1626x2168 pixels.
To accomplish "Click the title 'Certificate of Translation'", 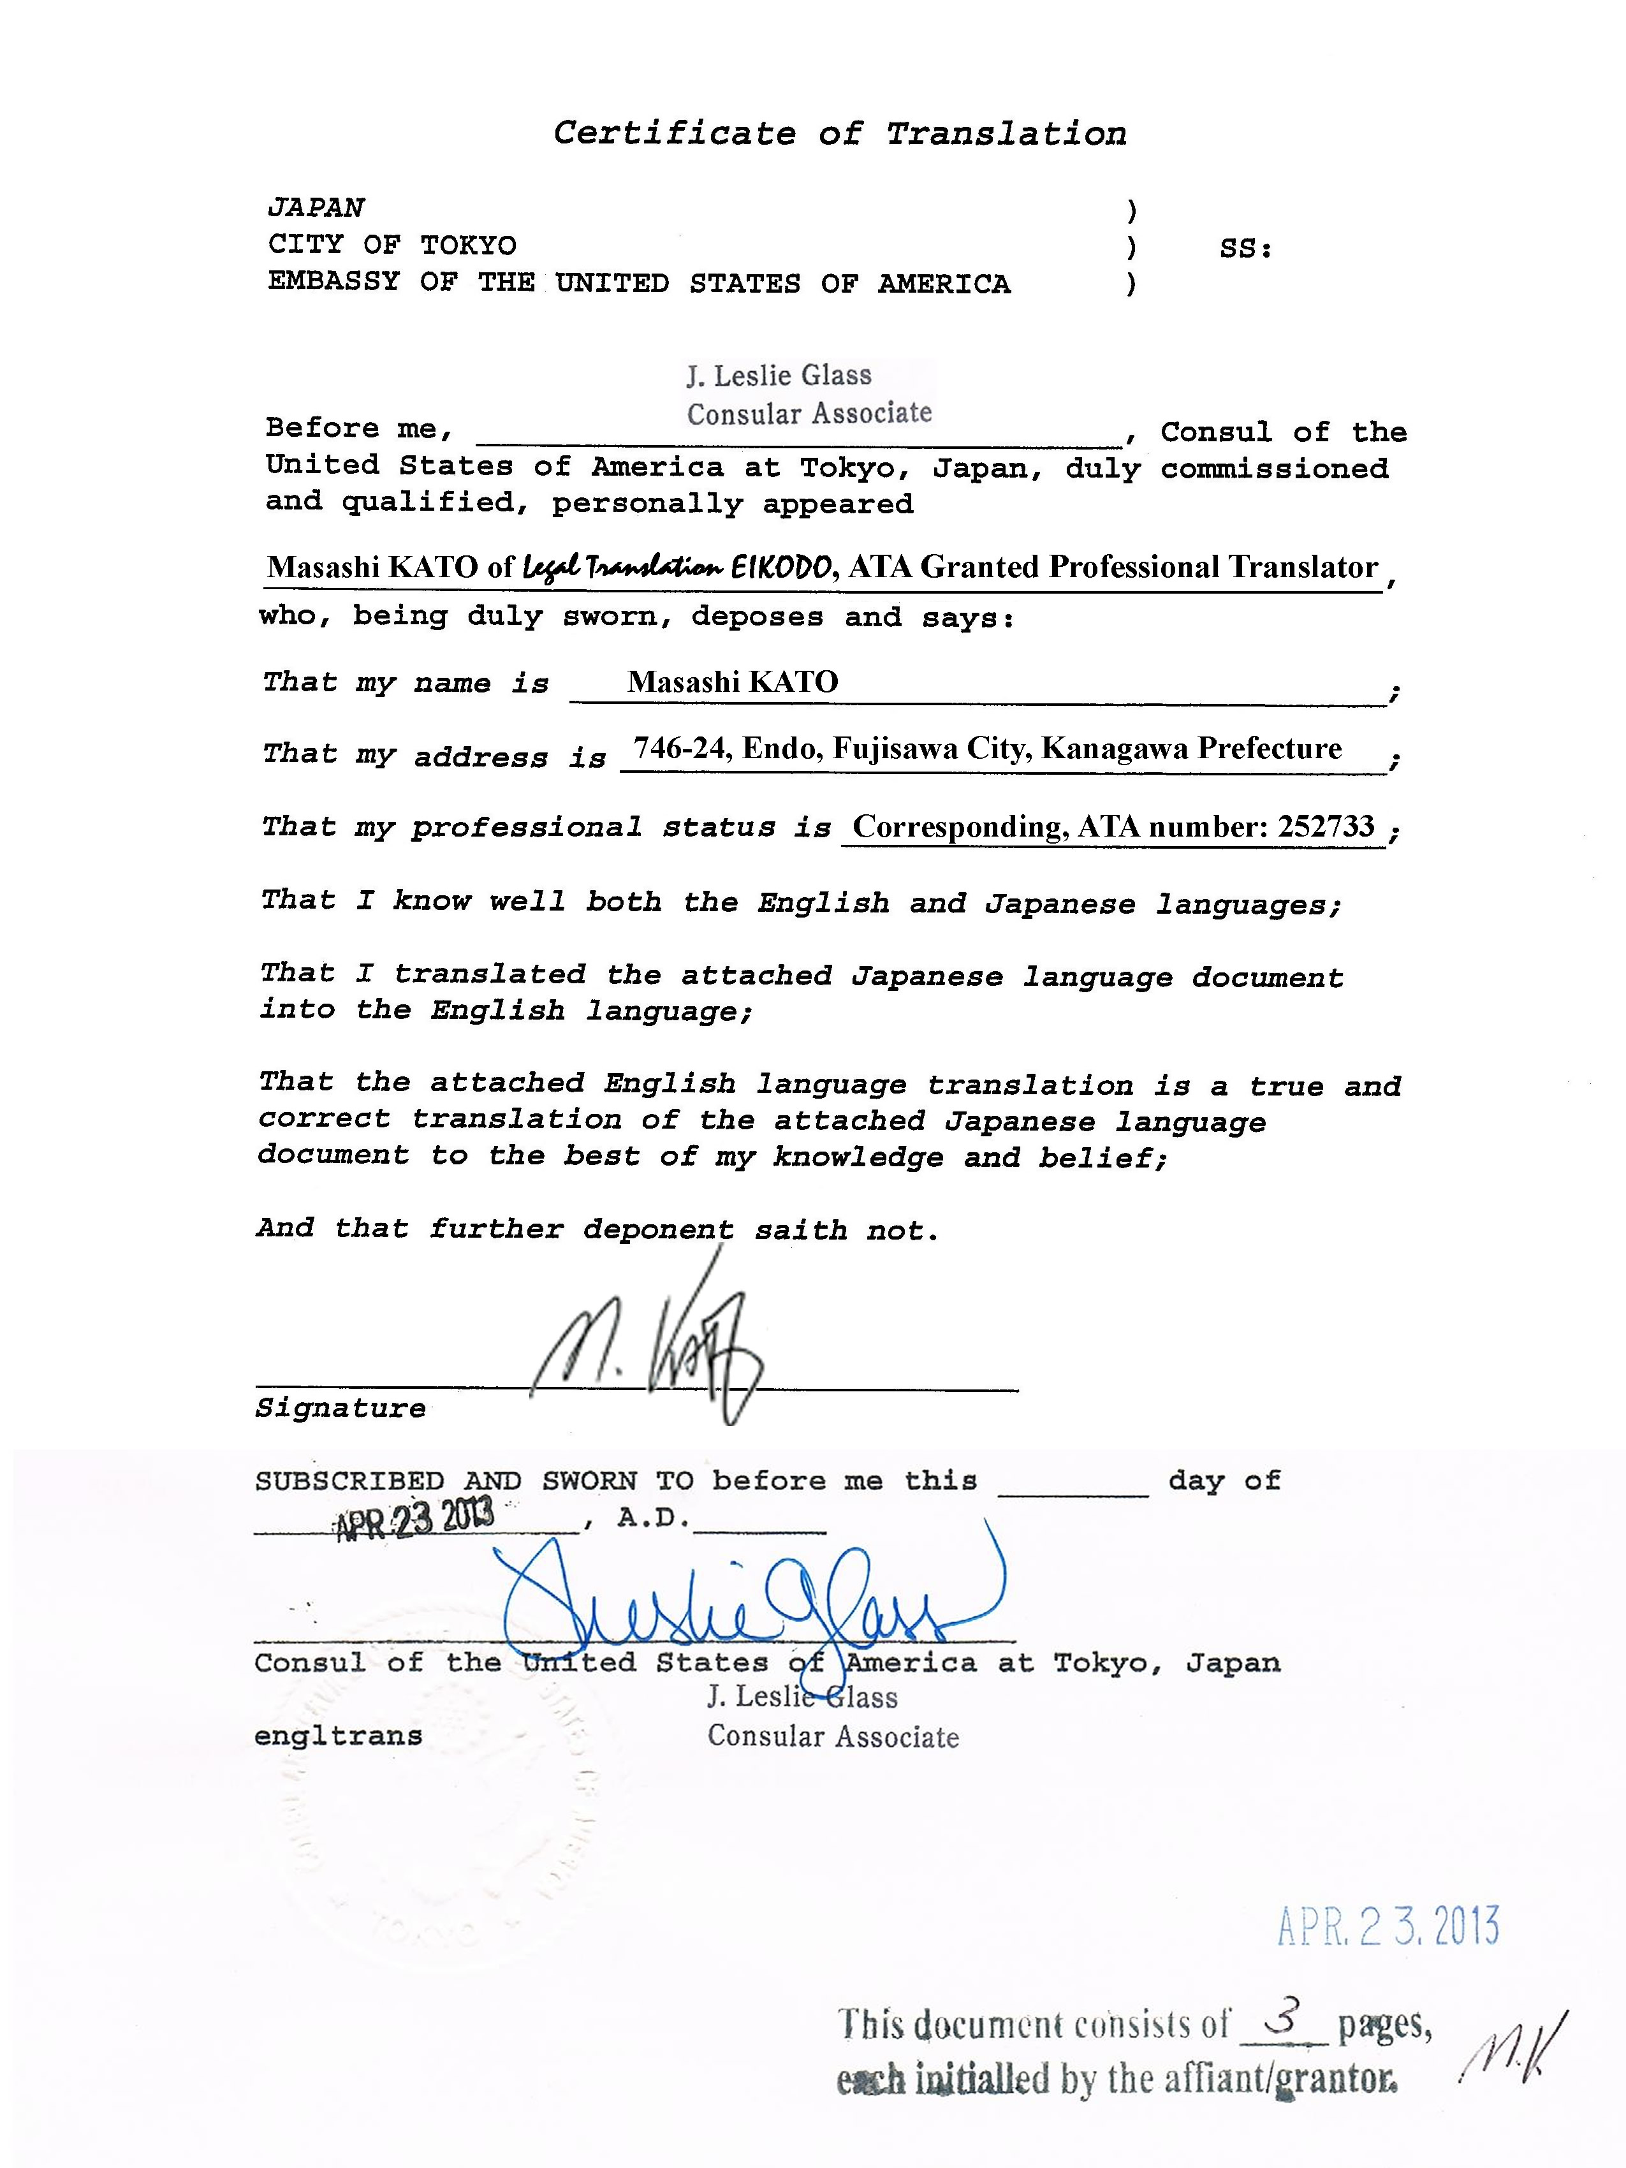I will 839,133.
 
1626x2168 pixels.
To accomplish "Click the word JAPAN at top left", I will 316,208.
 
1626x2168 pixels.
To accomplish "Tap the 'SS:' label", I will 1245,249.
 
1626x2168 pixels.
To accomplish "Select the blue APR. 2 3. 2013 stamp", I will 1388,1927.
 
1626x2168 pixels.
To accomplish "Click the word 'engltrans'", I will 338,1736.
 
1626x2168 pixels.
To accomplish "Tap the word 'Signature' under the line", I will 340,1409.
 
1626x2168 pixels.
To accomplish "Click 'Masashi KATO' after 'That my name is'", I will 732,682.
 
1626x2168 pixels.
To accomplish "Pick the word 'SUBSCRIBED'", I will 349,1481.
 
